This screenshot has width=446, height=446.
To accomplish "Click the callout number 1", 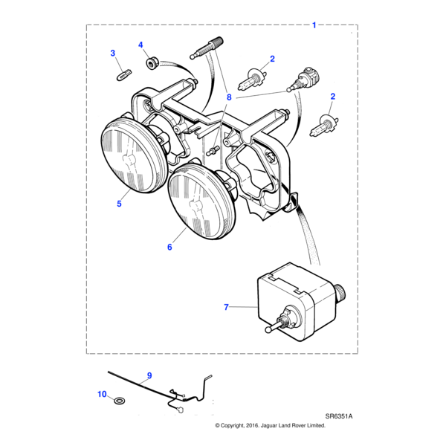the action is pyautogui.click(x=314, y=25).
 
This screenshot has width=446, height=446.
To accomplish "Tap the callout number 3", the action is pyautogui.click(x=113, y=54).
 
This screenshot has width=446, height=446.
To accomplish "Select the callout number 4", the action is pyautogui.click(x=140, y=45).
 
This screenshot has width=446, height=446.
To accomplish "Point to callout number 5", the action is pyautogui.click(x=119, y=204).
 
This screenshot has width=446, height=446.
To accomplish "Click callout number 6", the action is pyautogui.click(x=169, y=247).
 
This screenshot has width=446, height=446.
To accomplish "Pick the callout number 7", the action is pyautogui.click(x=226, y=307).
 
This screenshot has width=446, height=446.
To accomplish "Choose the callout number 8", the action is pyautogui.click(x=229, y=97).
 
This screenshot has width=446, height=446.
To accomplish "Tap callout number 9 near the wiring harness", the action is pyautogui.click(x=149, y=375).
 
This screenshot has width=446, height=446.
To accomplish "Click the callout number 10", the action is pyautogui.click(x=102, y=394).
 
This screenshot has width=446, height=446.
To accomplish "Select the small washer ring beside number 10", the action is pyautogui.click(x=117, y=401).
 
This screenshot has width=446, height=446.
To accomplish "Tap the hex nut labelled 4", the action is pyautogui.click(x=150, y=62).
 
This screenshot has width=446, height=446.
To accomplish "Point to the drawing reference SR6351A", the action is pyautogui.click(x=339, y=416).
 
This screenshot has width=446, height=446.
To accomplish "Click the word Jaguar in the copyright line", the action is pyautogui.click(x=268, y=425).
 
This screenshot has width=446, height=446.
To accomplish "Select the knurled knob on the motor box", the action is pyautogui.click(x=340, y=291).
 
